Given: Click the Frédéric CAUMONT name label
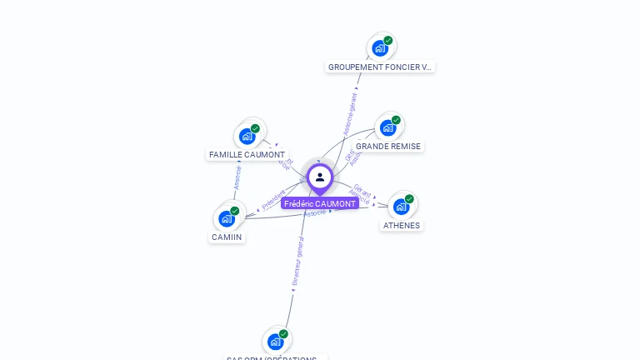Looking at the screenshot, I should [320, 203].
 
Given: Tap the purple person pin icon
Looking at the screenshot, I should [320, 177].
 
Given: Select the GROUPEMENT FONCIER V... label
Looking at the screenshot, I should [380, 67].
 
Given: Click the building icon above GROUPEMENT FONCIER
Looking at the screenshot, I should [380, 48].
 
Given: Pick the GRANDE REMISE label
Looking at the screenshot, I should [388, 146].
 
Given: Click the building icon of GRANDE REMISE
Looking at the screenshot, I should [387, 127].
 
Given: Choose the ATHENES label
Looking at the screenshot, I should [402, 225].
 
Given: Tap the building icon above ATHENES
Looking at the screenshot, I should [401, 207].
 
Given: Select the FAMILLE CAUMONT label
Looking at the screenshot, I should [247, 154].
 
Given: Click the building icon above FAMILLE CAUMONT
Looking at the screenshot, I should [247, 136].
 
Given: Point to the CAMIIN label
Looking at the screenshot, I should [227, 237].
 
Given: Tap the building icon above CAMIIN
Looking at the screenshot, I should [227, 218].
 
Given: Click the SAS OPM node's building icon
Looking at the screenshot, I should [276, 342].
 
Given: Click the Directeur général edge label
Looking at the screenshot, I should [298, 261].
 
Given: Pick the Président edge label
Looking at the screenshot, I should [274, 200].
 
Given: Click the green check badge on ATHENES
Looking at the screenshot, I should [409, 199].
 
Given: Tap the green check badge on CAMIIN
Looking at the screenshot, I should [235, 211].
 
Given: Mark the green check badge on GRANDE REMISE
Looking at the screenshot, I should [396, 120].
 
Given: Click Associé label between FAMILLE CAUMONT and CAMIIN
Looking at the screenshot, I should [237, 177].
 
